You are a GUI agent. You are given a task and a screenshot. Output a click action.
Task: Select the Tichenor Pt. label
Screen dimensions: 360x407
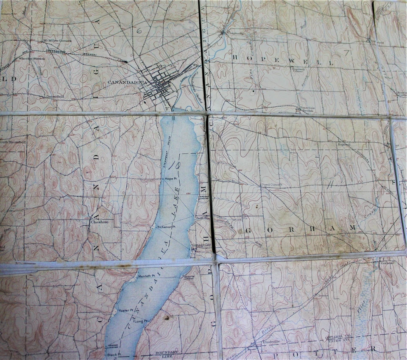click(x=166, y=227)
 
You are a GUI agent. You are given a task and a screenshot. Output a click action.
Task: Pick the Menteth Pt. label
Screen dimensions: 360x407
click(x=148, y=276)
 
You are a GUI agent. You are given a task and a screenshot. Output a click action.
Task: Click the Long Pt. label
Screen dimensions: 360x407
click(x=141, y=321)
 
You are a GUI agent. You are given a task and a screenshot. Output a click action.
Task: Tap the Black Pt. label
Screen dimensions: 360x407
click(x=112, y=354)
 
